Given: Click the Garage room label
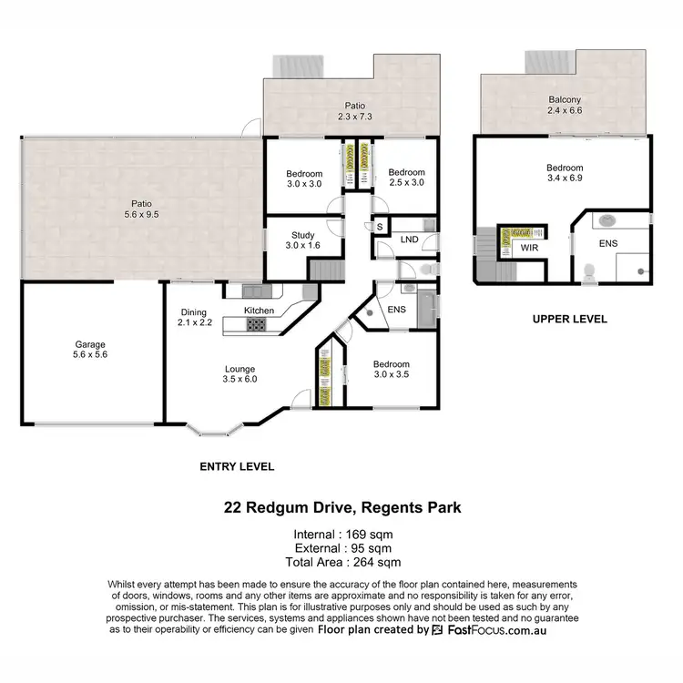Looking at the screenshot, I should click(90, 351).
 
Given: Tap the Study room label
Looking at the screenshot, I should click(303, 240).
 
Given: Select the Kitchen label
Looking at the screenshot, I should click(259, 311).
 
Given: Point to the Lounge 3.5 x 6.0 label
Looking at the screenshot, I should click(240, 374).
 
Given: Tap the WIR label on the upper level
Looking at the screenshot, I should click(529, 247).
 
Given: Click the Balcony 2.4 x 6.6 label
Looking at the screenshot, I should click(565, 106).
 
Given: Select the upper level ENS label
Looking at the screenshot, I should click(608, 244).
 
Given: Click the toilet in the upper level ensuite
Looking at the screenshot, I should click(589, 270).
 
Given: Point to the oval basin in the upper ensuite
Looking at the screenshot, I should click(607, 219).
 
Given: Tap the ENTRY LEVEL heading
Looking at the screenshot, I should click(237, 466).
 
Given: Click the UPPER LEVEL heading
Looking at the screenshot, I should click(570, 320).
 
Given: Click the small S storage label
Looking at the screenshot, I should click(379, 226).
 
